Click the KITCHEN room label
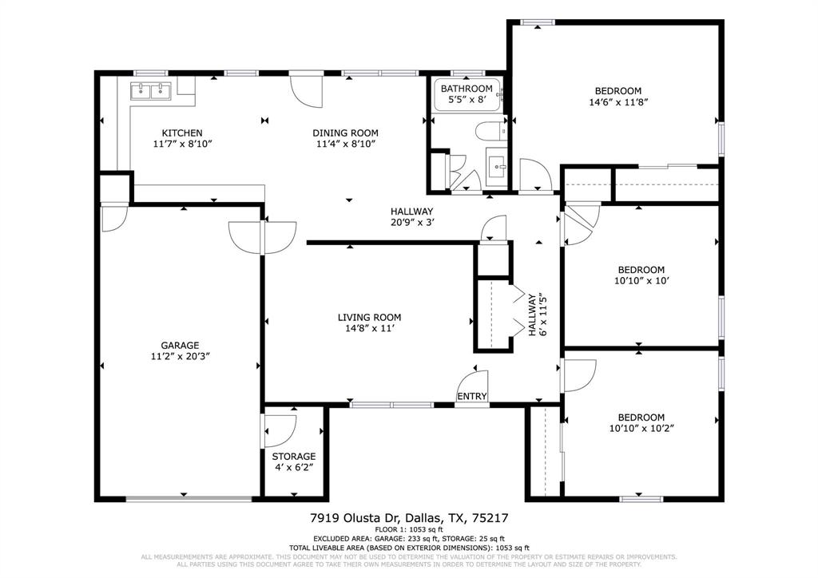click(x=182, y=133)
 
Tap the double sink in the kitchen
click(x=152, y=91)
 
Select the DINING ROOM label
click(x=345, y=133)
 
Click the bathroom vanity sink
click(x=499, y=167)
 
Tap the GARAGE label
click(x=180, y=345)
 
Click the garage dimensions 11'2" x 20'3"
click(x=180, y=356)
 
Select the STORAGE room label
click(x=294, y=456)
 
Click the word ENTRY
click(x=471, y=397)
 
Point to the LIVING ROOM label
click(x=369, y=317)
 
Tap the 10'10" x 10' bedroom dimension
click(x=640, y=280)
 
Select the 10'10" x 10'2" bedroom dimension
click(x=641, y=428)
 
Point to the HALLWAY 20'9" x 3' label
click(x=411, y=216)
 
